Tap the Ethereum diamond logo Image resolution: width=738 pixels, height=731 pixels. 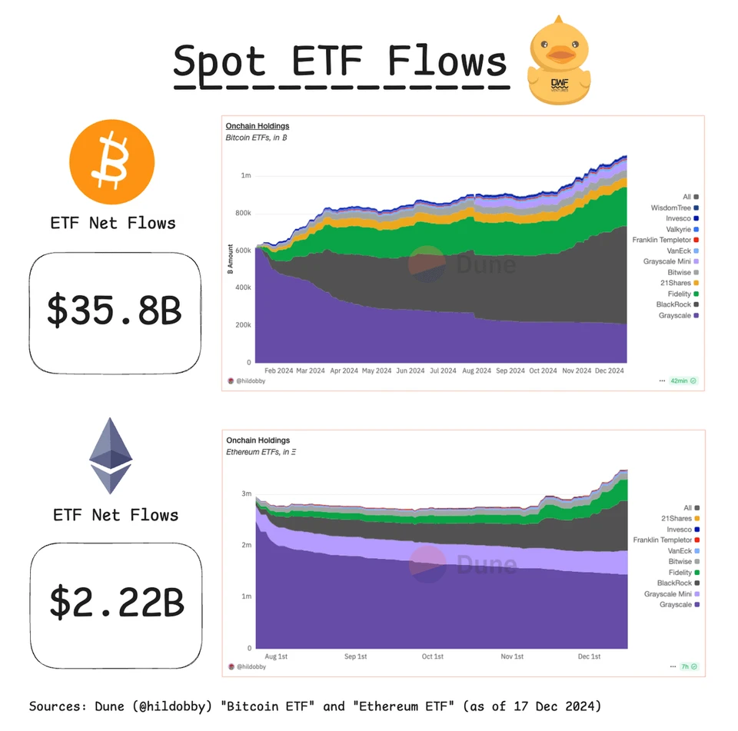(111, 456)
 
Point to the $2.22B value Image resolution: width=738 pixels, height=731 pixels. (117, 602)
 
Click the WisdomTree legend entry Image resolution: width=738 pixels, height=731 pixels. (670, 208)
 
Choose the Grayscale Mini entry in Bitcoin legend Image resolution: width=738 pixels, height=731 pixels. (667, 261)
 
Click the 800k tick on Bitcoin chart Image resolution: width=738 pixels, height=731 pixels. (242, 213)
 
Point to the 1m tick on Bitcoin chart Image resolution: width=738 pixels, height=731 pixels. (245, 175)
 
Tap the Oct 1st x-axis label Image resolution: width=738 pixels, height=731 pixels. (433, 656)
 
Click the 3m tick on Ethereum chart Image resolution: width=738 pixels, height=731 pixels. (247, 493)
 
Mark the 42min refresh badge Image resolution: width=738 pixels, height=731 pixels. (683, 380)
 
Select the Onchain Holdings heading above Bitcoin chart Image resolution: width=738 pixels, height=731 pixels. (257, 126)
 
